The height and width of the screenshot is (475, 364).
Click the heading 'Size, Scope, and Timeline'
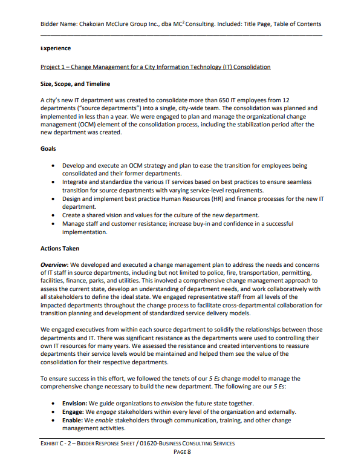pyautogui.click(x=75, y=84)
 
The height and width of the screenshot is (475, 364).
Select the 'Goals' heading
pyautogui.click(x=48, y=148)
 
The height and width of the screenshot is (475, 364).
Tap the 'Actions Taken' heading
pyautogui.click(x=59, y=248)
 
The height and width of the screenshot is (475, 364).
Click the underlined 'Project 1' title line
pyautogui.click(x=155, y=67)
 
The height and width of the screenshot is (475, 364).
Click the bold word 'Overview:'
pyautogui.click(x=54, y=265)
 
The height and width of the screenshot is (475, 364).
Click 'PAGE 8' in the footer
pyautogui.click(x=182, y=452)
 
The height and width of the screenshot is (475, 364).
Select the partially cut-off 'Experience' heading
pyautogui.click(x=56, y=48)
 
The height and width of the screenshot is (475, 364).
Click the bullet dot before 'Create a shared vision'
pyautogui.click(x=56, y=215)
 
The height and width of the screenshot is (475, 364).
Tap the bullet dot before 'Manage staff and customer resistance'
pyautogui.click(x=56, y=224)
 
